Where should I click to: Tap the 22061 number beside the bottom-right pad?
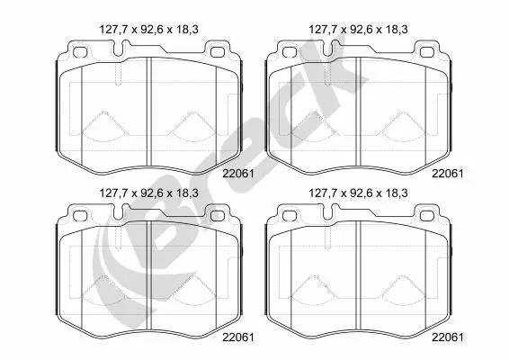point(447,337)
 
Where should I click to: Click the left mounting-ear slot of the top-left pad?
point(79,51)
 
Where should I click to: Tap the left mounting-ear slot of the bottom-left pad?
point(79,214)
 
